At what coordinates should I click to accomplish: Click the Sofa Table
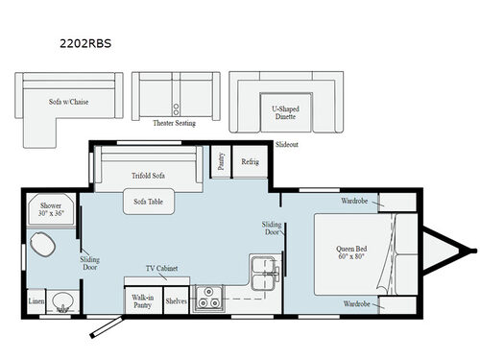tap(147, 201)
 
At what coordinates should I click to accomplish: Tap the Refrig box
tap(250, 161)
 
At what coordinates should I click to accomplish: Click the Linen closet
tap(36, 302)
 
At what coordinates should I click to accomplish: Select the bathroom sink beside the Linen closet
tap(62, 300)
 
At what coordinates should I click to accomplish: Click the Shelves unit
tap(176, 300)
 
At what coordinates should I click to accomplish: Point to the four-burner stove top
tap(205, 300)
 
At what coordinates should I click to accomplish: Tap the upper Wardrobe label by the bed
tap(354, 202)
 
